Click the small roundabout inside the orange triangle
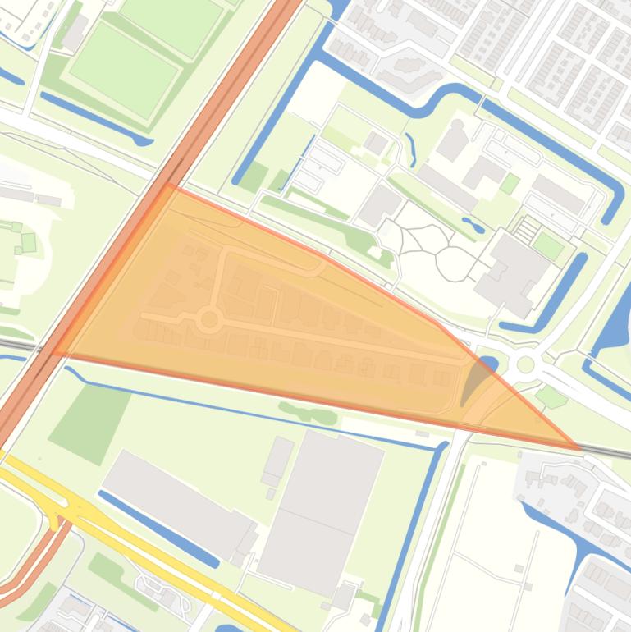(x=209, y=319)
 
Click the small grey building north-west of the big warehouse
(x=278, y=460)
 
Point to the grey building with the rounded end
(x=453, y=140)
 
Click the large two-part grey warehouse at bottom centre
(x=320, y=509)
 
